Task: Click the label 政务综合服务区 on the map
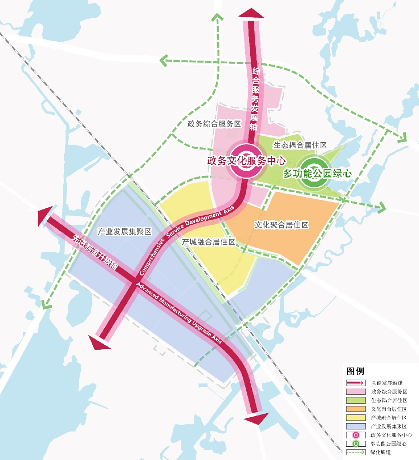pos(214,124)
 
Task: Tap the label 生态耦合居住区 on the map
pos(300,145)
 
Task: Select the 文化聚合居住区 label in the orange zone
pos(281,225)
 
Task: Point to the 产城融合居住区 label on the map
pos(208,242)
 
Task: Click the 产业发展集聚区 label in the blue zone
pos(124,231)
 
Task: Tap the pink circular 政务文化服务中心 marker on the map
pos(246,161)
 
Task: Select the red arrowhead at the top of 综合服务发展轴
pos(251,13)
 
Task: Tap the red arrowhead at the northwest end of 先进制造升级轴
pos(45,216)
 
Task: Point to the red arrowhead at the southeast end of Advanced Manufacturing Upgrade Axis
pos(257,419)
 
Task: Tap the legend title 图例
pos(355,371)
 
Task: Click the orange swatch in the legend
pos(355,409)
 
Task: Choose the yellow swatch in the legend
pos(355,418)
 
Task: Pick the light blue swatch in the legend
pos(355,426)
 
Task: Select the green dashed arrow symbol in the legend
pos(355,452)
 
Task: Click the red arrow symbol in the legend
pos(355,383)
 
